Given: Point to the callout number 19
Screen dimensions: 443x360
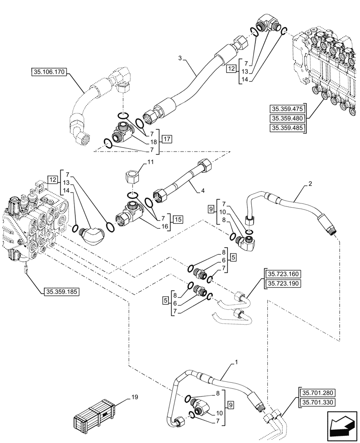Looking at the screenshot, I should tap(134, 397).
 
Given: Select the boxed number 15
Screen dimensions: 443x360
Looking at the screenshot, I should tap(178, 219).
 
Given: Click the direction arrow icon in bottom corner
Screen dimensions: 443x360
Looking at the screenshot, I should tap(342, 426).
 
